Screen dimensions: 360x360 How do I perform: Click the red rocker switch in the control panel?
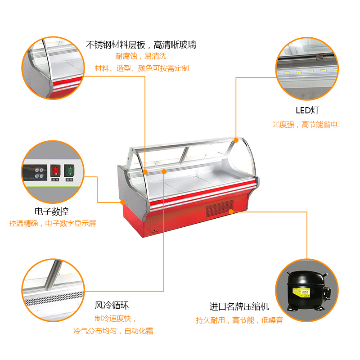tap(55, 171)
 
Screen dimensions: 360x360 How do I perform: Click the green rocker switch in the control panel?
tap(69, 171)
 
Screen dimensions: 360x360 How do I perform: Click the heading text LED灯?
tap(307, 110)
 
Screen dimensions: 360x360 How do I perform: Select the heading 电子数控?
tap(52, 211)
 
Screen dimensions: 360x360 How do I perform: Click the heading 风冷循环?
tap(112, 306)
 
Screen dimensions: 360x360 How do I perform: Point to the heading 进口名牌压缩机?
tap(239, 306)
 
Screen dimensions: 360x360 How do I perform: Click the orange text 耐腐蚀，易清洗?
tap(141, 56)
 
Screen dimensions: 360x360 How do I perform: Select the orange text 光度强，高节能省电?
tap(305, 125)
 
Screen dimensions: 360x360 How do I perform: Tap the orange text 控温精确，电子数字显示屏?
tap(53, 223)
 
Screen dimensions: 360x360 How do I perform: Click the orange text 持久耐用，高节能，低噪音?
tap(239, 320)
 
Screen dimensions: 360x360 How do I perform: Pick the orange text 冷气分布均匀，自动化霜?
tap(113, 331)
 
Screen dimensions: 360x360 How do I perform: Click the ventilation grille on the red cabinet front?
tap(220, 208)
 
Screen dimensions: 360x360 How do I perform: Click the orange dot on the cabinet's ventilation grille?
tap(231, 211)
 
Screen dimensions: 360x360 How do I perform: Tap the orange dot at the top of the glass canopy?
tap(236, 140)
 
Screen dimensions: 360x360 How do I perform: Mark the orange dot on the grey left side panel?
tap(123, 202)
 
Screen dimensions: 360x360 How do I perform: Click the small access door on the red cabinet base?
tap(154, 226)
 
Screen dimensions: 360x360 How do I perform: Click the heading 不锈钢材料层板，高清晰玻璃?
tap(141, 45)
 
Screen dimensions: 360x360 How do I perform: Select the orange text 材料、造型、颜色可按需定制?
tap(142, 68)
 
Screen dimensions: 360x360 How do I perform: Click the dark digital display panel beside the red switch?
tap(35, 173)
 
